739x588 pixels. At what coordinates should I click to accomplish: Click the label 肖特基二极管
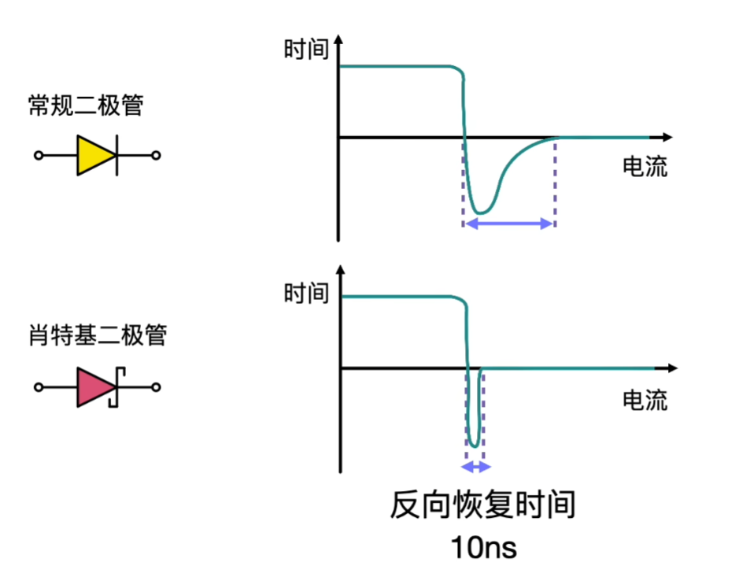click(97, 336)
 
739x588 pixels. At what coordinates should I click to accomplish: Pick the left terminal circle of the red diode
click(38, 387)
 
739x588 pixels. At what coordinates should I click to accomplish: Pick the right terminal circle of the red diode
click(156, 387)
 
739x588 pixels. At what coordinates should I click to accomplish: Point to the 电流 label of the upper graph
click(645, 167)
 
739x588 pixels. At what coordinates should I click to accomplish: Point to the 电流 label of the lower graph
click(645, 400)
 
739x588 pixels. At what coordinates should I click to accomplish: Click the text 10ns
click(483, 547)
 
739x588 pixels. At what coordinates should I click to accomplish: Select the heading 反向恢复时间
click(482, 505)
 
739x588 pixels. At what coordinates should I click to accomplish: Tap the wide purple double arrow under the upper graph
click(509, 224)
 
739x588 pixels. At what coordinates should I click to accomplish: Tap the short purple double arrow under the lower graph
click(475, 467)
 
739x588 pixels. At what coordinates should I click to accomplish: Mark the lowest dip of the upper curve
click(481, 213)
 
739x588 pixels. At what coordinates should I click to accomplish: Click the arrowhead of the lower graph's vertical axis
click(340, 269)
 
